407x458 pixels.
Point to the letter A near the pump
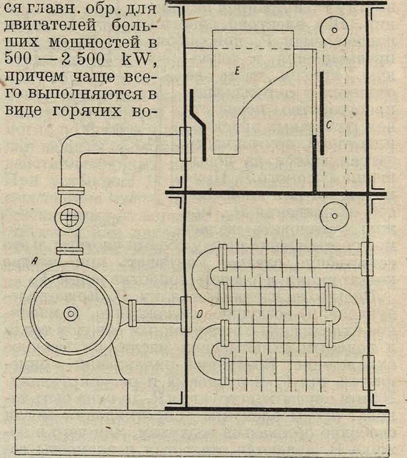point(34,261)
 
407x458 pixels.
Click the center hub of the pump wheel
point(70,314)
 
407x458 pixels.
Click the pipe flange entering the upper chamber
point(185,143)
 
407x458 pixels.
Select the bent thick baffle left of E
point(198,124)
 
